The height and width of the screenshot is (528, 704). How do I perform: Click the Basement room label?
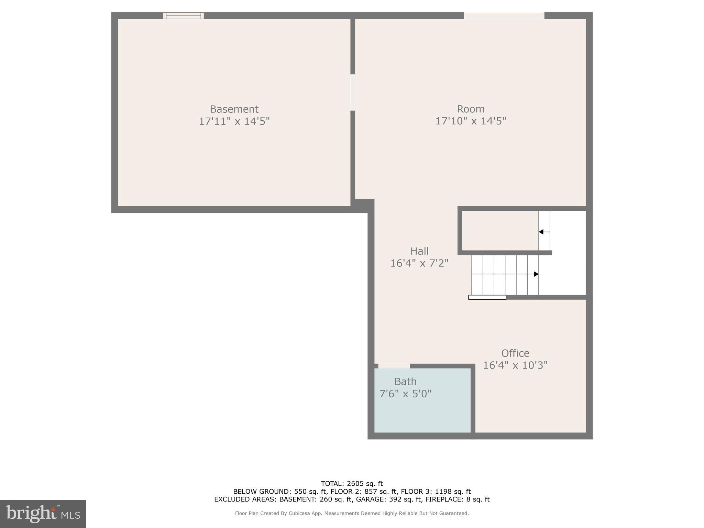[x=234, y=109]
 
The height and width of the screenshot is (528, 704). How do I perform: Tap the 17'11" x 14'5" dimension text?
[x=234, y=121]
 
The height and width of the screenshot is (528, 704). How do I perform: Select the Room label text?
[x=471, y=109]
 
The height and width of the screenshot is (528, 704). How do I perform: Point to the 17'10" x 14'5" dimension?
[x=471, y=121]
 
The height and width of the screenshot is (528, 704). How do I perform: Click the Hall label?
[x=419, y=251]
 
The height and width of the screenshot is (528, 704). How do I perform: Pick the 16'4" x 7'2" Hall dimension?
[x=419, y=263]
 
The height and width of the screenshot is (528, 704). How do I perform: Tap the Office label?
[x=515, y=353]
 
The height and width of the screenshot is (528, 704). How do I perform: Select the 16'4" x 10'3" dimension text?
[x=515, y=365]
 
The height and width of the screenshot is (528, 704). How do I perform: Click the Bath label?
[x=405, y=382]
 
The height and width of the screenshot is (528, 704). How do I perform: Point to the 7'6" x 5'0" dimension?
[x=405, y=394]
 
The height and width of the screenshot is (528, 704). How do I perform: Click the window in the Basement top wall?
[x=183, y=15]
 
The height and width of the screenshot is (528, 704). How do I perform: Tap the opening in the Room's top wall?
[x=504, y=15]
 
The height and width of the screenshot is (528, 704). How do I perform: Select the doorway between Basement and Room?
[x=353, y=92]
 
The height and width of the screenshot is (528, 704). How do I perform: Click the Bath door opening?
[x=394, y=366]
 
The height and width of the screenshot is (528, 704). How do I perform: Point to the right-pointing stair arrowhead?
[x=536, y=274]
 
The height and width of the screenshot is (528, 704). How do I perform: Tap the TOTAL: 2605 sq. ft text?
[x=352, y=484]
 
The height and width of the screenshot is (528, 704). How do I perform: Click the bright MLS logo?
[x=43, y=514]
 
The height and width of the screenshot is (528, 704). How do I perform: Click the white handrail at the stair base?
[x=487, y=297]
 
